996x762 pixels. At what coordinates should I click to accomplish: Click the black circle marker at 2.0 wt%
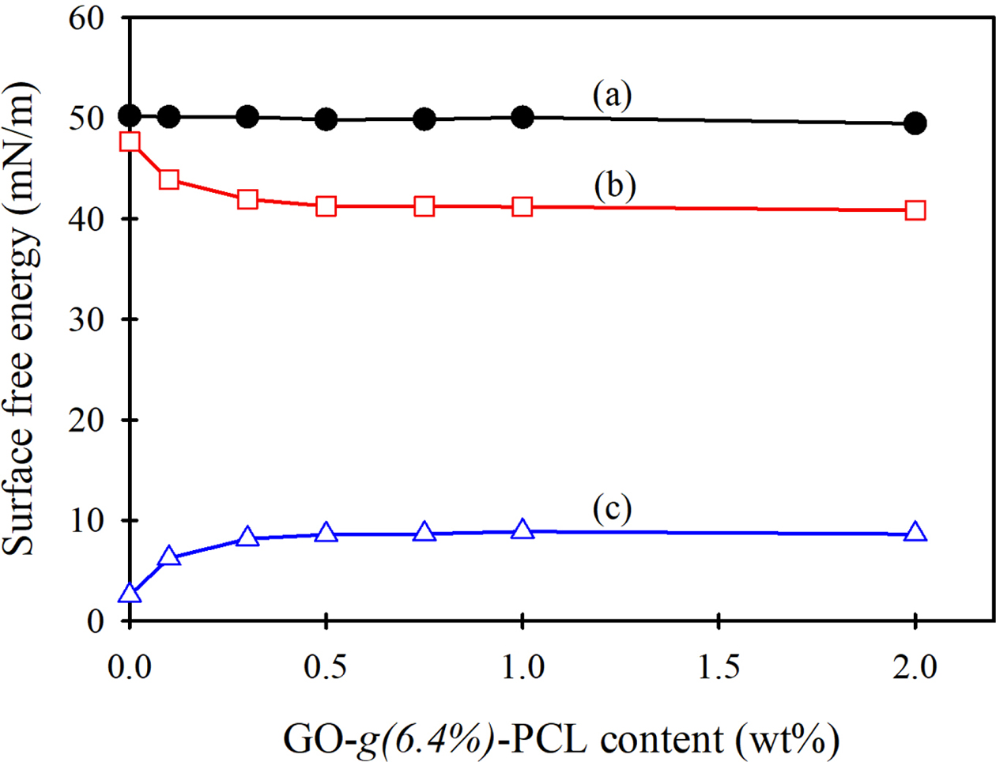pyautogui.click(x=915, y=123)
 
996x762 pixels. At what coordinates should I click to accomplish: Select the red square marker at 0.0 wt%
pyautogui.click(x=130, y=141)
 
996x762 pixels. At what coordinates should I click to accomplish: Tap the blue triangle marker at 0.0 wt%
pyautogui.click(x=130, y=594)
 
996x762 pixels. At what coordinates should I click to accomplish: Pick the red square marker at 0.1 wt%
pyautogui.click(x=168, y=179)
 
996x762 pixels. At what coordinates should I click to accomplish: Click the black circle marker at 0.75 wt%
pyautogui.click(x=424, y=119)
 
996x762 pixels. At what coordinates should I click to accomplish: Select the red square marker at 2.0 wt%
pyautogui.click(x=915, y=210)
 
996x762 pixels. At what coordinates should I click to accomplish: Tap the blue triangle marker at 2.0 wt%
pyautogui.click(x=915, y=532)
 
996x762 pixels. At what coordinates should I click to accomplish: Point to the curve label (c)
pyautogui.click(x=613, y=509)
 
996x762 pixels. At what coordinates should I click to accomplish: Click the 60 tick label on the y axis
pyautogui.click(x=86, y=17)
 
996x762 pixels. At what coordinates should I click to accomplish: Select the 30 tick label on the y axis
pyautogui.click(x=86, y=319)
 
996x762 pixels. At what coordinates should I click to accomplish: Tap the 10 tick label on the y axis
pyautogui.click(x=86, y=520)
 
